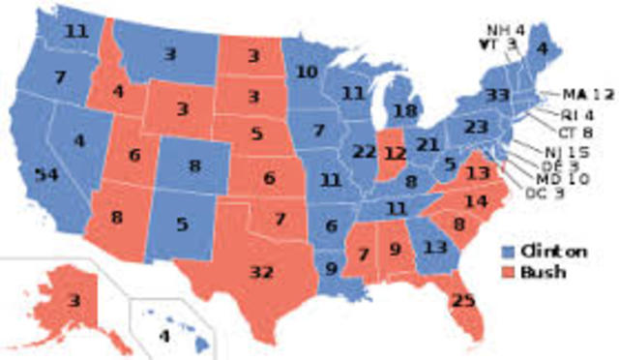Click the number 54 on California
(45, 175)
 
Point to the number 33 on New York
(499, 96)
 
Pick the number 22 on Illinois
(364, 152)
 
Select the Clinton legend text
(554, 251)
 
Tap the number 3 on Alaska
(74, 300)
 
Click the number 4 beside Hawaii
(162, 337)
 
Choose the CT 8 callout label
(575, 132)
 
